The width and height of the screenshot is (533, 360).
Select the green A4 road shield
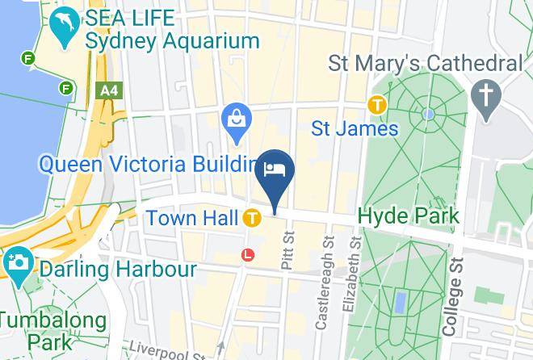pyautogui.click(x=107, y=91)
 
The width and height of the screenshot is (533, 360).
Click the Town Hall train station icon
pyautogui.click(x=252, y=218)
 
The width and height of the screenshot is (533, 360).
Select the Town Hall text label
pyautogui.click(x=192, y=218)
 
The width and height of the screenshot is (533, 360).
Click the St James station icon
pyautogui.click(x=376, y=104)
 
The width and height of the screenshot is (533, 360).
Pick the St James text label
pyautogui.click(x=355, y=128)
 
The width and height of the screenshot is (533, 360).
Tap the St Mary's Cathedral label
pyautogui.click(x=426, y=63)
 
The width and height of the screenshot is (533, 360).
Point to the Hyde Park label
pyautogui.click(x=408, y=216)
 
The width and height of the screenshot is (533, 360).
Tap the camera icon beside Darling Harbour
pyautogui.click(x=15, y=263)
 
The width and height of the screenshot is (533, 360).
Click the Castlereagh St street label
pyautogui.click(x=323, y=283)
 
